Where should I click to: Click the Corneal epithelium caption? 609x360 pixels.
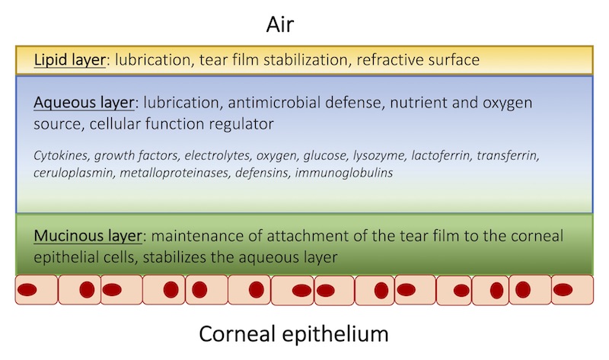294,333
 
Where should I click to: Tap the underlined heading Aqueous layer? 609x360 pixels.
84,101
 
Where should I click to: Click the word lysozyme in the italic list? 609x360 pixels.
378,156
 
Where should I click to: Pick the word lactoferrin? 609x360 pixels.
440,156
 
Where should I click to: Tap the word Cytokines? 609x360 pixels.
60,156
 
